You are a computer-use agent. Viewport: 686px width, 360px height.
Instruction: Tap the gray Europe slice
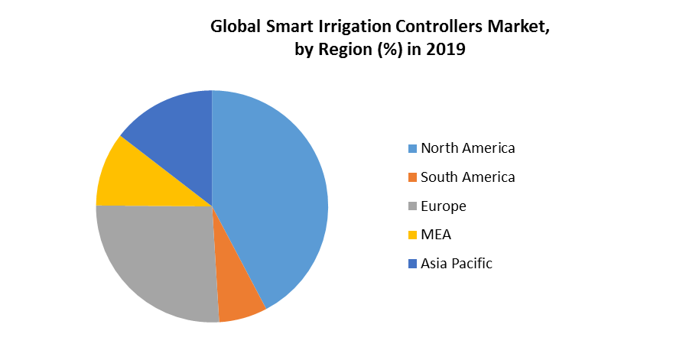coord(161,260)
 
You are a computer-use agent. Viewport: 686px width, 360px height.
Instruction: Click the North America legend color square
coord(413,148)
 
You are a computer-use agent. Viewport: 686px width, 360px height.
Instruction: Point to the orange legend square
coord(413,177)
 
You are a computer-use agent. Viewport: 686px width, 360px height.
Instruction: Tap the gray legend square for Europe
coord(413,206)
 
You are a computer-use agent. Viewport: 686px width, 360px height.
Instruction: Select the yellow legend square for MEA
coord(413,235)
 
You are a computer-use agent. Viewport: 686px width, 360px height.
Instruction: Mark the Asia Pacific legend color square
coord(413,264)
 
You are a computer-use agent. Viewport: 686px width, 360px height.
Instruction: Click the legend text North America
coord(467,148)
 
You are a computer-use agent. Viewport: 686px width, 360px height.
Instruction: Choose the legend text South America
coord(467,177)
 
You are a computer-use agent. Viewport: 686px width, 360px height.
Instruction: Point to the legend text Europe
coord(443,206)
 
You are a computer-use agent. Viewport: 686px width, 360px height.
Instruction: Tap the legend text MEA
coord(436,235)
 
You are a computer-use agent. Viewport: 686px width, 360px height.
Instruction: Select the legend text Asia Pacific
coord(457,264)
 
